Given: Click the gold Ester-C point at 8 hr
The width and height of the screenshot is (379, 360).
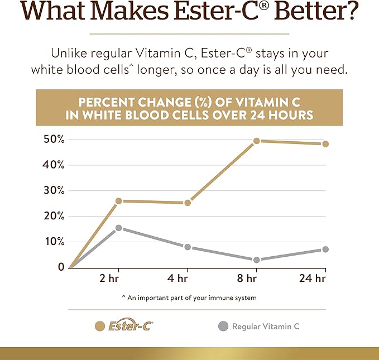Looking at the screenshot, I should coord(256,141).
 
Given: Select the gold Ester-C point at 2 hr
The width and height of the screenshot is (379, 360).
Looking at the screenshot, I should coord(118,201).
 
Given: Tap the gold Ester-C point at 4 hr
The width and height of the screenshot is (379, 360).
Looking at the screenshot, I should coord(188,203).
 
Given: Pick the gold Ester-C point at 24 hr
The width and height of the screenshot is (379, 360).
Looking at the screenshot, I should coord(325,144).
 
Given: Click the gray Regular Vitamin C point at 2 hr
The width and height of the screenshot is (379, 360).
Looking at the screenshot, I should coord(118,228).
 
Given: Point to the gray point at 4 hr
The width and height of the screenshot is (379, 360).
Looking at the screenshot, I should coord(188,247).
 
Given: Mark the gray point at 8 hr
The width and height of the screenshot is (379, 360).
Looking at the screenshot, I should coord(256,260).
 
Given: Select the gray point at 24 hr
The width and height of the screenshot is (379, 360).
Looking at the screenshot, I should coord(325,249).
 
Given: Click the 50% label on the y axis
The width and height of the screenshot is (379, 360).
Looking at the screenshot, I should coord(54,139).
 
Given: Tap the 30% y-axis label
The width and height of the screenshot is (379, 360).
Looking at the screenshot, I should coord(54,190).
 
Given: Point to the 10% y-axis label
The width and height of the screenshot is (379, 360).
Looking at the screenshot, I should coord(54,241).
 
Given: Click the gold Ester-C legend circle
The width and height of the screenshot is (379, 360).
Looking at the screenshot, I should coord(100,327).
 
